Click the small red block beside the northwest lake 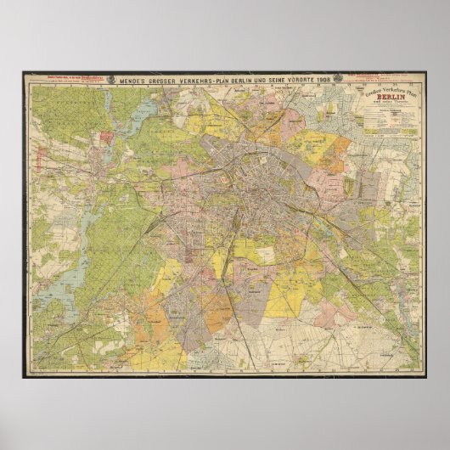point(105,136)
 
